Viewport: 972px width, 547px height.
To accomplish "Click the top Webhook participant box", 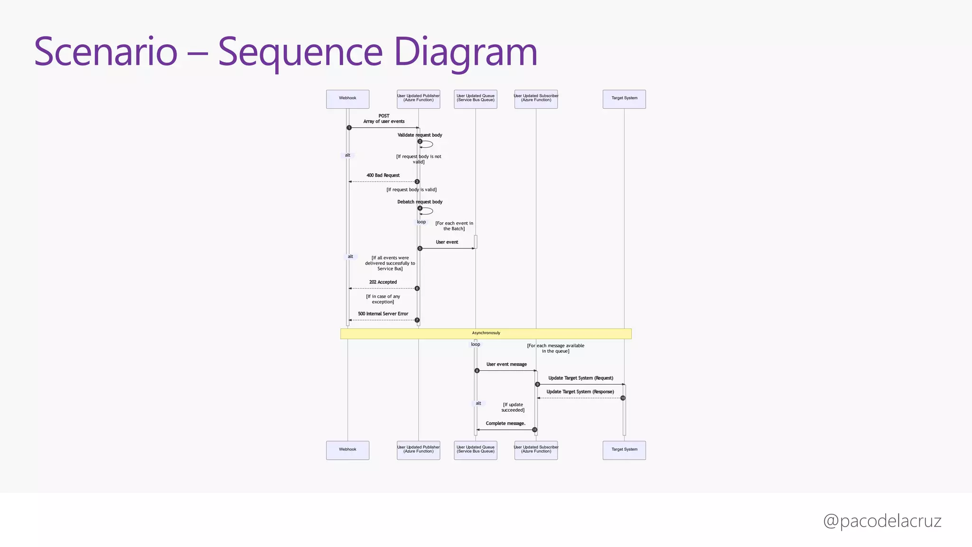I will coord(347,99).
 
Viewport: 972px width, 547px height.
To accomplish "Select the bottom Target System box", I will coord(624,450).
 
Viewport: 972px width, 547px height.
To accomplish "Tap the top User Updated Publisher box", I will coord(418,99).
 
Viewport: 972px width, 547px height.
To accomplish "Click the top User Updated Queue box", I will coord(475,99).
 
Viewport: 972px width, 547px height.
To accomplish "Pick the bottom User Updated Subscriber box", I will coord(536,450).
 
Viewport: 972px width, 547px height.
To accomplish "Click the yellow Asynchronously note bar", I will coord(486,333).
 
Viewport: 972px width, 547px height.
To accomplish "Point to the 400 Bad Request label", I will coord(383,175).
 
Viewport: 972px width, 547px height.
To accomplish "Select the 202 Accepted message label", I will coord(383,282).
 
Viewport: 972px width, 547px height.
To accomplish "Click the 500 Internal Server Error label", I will coord(383,314).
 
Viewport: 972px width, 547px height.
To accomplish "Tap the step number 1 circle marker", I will coord(349,128).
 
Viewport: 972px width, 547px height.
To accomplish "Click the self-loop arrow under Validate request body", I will coord(428,144).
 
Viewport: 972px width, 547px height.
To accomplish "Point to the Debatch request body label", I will coord(420,202).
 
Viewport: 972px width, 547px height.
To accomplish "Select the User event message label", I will coord(506,364).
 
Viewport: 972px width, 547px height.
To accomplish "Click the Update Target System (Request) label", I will coord(580,378).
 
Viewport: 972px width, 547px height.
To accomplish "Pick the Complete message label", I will coord(505,424).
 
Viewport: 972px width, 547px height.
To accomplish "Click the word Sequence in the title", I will coord(300,52).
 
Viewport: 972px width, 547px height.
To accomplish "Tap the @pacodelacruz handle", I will coord(882,521).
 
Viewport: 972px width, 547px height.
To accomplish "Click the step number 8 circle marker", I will coord(477,371).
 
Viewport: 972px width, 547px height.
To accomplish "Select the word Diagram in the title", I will coord(465,52).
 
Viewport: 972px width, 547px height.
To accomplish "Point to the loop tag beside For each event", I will coord(421,222).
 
